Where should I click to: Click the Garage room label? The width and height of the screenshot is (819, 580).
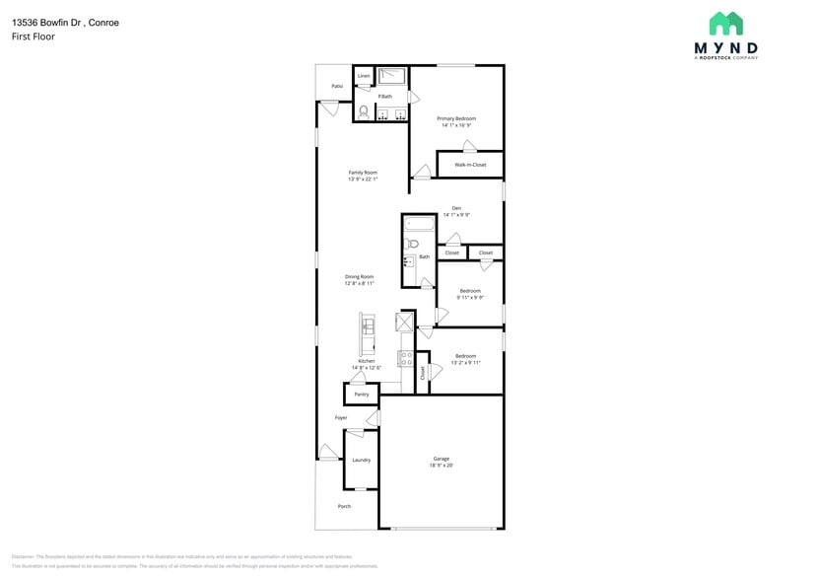[x=441, y=459]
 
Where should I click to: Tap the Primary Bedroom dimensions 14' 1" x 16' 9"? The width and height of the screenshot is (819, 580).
[x=456, y=125]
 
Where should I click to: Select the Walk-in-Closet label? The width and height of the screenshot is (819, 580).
[x=470, y=165]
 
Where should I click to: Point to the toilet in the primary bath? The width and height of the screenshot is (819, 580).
[x=364, y=111]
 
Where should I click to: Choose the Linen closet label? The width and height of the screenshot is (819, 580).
[x=364, y=75]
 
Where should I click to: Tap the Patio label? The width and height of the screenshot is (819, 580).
[x=337, y=86]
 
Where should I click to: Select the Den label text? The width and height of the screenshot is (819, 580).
[x=456, y=207]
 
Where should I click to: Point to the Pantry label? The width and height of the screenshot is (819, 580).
[x=361, y=395]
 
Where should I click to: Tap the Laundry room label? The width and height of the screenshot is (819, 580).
[x=361, y=460]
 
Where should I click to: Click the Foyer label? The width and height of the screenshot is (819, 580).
[x=341, y=417]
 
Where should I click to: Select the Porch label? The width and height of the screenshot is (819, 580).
[x=344, y=506]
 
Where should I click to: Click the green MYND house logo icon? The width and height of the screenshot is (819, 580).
[x=726, y=24]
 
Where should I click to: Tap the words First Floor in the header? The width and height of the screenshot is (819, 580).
[x=34, y=36]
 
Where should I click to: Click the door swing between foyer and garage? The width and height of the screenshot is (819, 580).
[x=374, y=418]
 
